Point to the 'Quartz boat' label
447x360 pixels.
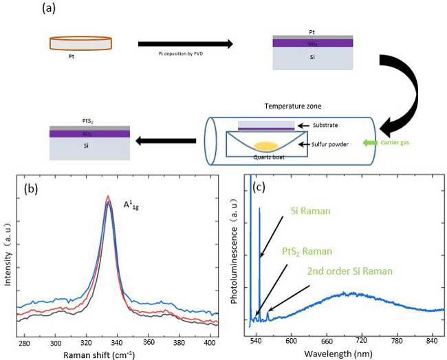tap(270, 157)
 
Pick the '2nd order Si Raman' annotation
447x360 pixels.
tap(350, 271)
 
